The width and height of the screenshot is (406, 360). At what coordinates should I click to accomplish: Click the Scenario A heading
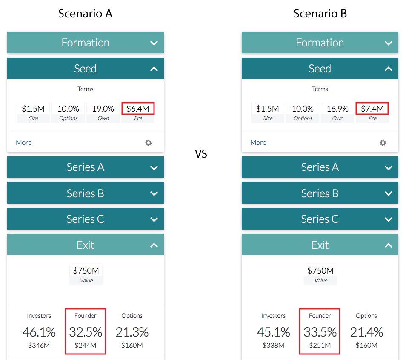point(85,14)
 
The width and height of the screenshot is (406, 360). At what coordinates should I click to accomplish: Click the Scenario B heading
point(320,14)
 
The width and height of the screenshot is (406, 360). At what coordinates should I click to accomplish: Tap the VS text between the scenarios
point(201,154)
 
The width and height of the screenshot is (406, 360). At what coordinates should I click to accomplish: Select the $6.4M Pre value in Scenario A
point(138,109)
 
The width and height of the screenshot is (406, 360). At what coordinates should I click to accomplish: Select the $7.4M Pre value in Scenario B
point(372,109)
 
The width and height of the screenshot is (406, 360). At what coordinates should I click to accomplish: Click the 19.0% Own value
point(103,109)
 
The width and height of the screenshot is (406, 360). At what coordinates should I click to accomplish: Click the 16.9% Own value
point(338,109)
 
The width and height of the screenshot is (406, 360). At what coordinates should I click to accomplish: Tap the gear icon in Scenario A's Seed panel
point(149,143)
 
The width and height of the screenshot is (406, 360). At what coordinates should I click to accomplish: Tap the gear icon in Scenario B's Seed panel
point(383,143)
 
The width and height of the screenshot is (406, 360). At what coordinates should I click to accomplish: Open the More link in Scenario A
point(24,143)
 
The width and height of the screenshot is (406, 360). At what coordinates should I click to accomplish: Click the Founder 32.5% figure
point(86,332)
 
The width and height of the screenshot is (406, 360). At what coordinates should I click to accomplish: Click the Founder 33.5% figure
point(320,332)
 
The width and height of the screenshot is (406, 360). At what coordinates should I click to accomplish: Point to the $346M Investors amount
point(39,345)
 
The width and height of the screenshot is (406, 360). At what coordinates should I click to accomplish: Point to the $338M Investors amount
point(274,345)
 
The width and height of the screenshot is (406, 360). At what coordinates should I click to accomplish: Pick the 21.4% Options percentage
point(366,332)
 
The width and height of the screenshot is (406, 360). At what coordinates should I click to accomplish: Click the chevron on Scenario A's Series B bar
point(154,193)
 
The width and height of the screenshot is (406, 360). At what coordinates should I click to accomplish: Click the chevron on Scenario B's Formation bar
point(389,43)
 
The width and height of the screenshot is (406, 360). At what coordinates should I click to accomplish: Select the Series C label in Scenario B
point(320,219)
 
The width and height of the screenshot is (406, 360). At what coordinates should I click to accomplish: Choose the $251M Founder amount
point(320,345)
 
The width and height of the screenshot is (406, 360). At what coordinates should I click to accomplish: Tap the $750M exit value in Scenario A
point(86,271)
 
